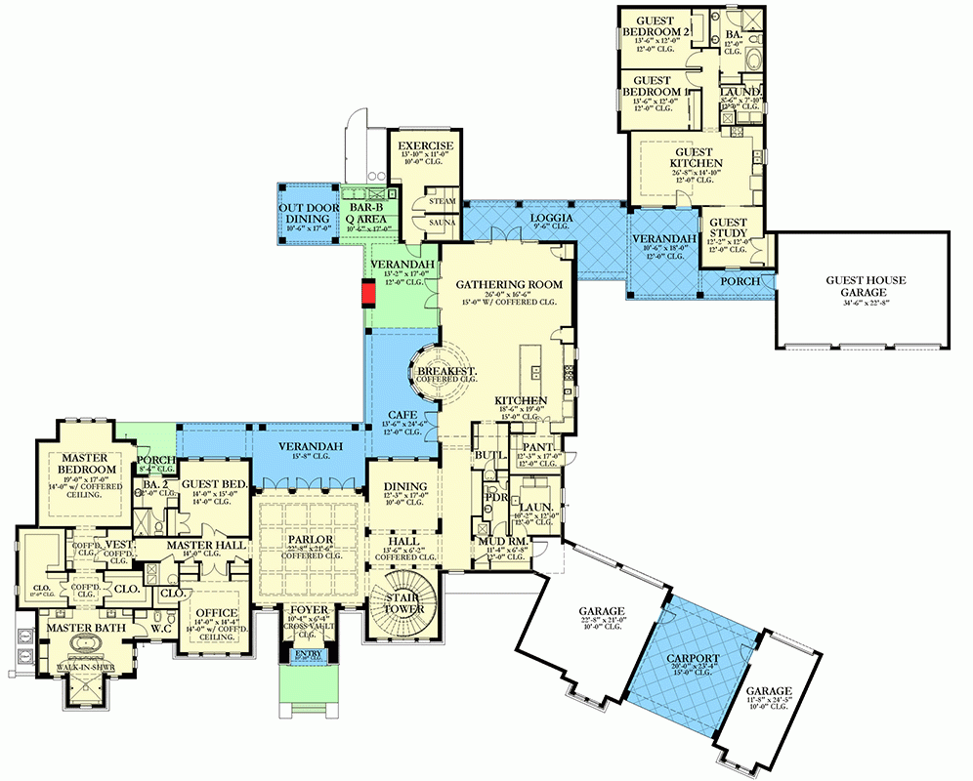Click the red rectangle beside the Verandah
(x=368, y=293)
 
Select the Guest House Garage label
(x=866, y=286)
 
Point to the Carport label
(x=696, y=659)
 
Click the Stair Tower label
(x=403, y=602)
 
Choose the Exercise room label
(x=424, y=147)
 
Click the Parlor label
(x=310, y=540)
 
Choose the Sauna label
(x=436, y=223)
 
